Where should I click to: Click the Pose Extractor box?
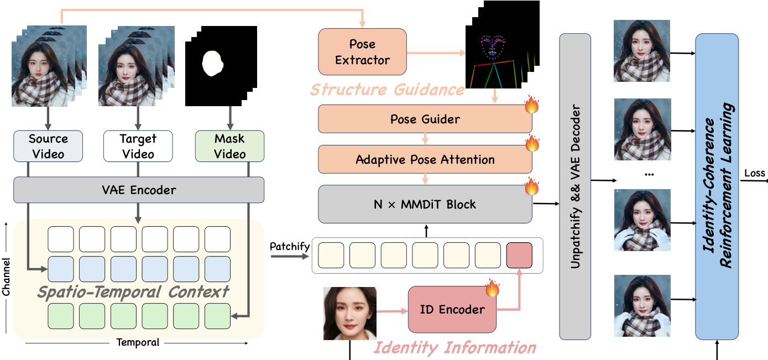(x=362, y=52)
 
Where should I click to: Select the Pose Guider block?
(x=425, y=119)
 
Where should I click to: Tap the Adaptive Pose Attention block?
(x=425, y=160)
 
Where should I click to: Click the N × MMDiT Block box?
(x=425, y=204)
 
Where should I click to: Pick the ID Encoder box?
(x=452, y=310)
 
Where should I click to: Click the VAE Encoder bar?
(x=138, y=190)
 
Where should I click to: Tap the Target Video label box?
(x=138, y=146)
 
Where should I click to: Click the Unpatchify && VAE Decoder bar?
(x=575, y=186)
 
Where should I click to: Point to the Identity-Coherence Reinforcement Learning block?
(x=717, y=186)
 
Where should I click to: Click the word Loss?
(x=755, y=173)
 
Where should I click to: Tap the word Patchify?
(x=289, y=246)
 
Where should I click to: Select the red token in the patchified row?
(x=519, y=255)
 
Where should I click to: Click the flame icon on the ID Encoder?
(x=492, y=288)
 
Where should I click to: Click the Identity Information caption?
(x=455, y=348)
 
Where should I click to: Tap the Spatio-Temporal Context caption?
(x=133, y=291)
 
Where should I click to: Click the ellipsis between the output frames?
(x=649, y=174)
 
